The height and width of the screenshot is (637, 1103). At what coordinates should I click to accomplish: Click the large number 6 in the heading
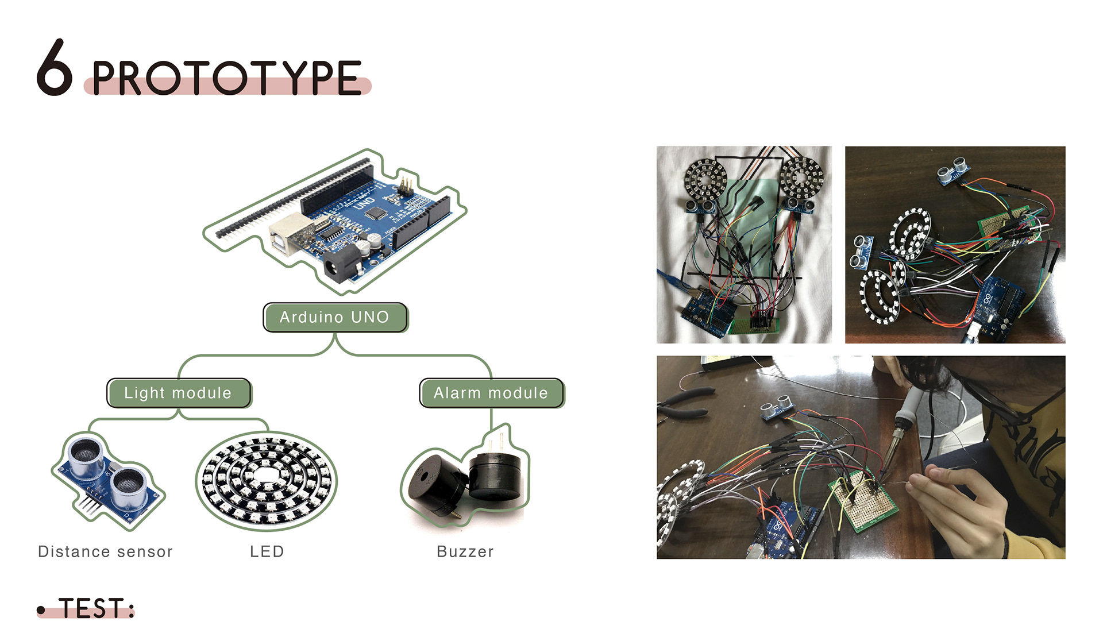(55, 67)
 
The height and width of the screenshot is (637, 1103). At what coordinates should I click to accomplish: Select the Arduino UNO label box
(335, 317)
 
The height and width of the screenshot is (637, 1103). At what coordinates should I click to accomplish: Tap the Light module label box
(179, 393)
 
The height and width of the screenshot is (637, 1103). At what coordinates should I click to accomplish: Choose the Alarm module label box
(491, 393)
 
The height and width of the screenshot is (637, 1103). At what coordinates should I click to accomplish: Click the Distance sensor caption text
(105, 551)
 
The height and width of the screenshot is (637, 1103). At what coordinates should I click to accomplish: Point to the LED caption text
(267, 551)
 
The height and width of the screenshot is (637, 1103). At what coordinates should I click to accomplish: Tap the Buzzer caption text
(465, 551)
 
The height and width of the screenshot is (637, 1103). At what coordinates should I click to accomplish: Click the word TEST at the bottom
(92, 608)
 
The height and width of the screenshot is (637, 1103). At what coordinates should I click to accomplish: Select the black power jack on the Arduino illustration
(339, 267)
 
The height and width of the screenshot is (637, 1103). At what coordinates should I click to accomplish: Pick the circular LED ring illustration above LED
(267, 481)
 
